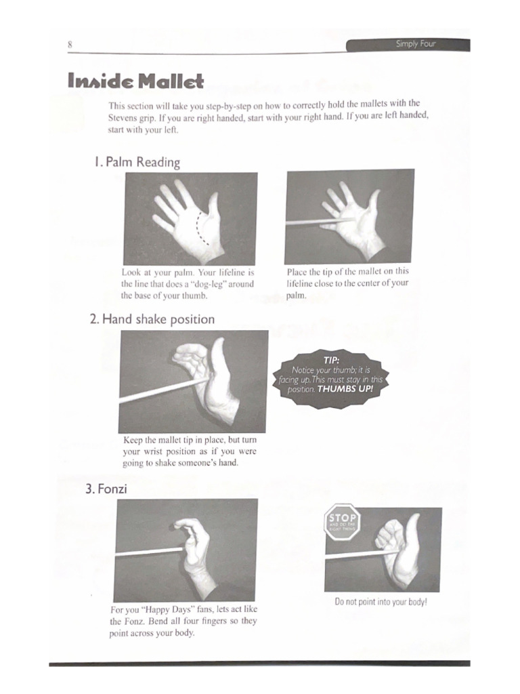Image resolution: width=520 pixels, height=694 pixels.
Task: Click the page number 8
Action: pos(70,45)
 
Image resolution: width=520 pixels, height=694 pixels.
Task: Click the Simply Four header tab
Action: pos(416,45)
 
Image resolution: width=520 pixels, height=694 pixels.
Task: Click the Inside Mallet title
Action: pos(135,82)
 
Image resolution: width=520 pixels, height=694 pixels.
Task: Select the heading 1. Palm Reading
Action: pos(137,162)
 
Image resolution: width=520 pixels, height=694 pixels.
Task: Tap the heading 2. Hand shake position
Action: pos(152,319)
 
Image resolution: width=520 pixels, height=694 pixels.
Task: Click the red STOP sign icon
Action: pos(343,522)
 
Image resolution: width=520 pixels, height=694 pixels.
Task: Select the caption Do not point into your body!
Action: pos(381,602)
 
